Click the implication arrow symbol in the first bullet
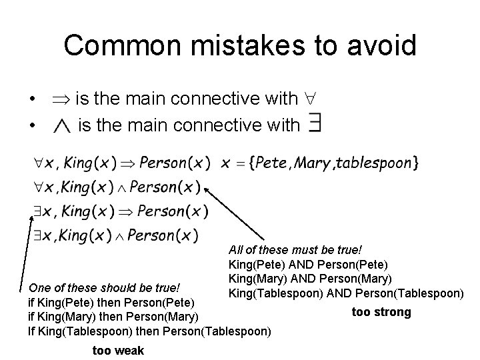tap(61, 99)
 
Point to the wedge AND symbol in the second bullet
tap(61, 125)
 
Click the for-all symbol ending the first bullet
tap(310, 99)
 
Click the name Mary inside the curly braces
tap(314, 163)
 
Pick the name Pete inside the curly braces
tap(275, 163)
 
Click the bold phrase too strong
tap(381, 311)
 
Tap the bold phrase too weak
tap(119, 350)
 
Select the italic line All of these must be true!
tap(295, 250)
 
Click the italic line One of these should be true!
tap(104, 288)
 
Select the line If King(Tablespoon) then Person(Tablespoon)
tap(149, 329)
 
